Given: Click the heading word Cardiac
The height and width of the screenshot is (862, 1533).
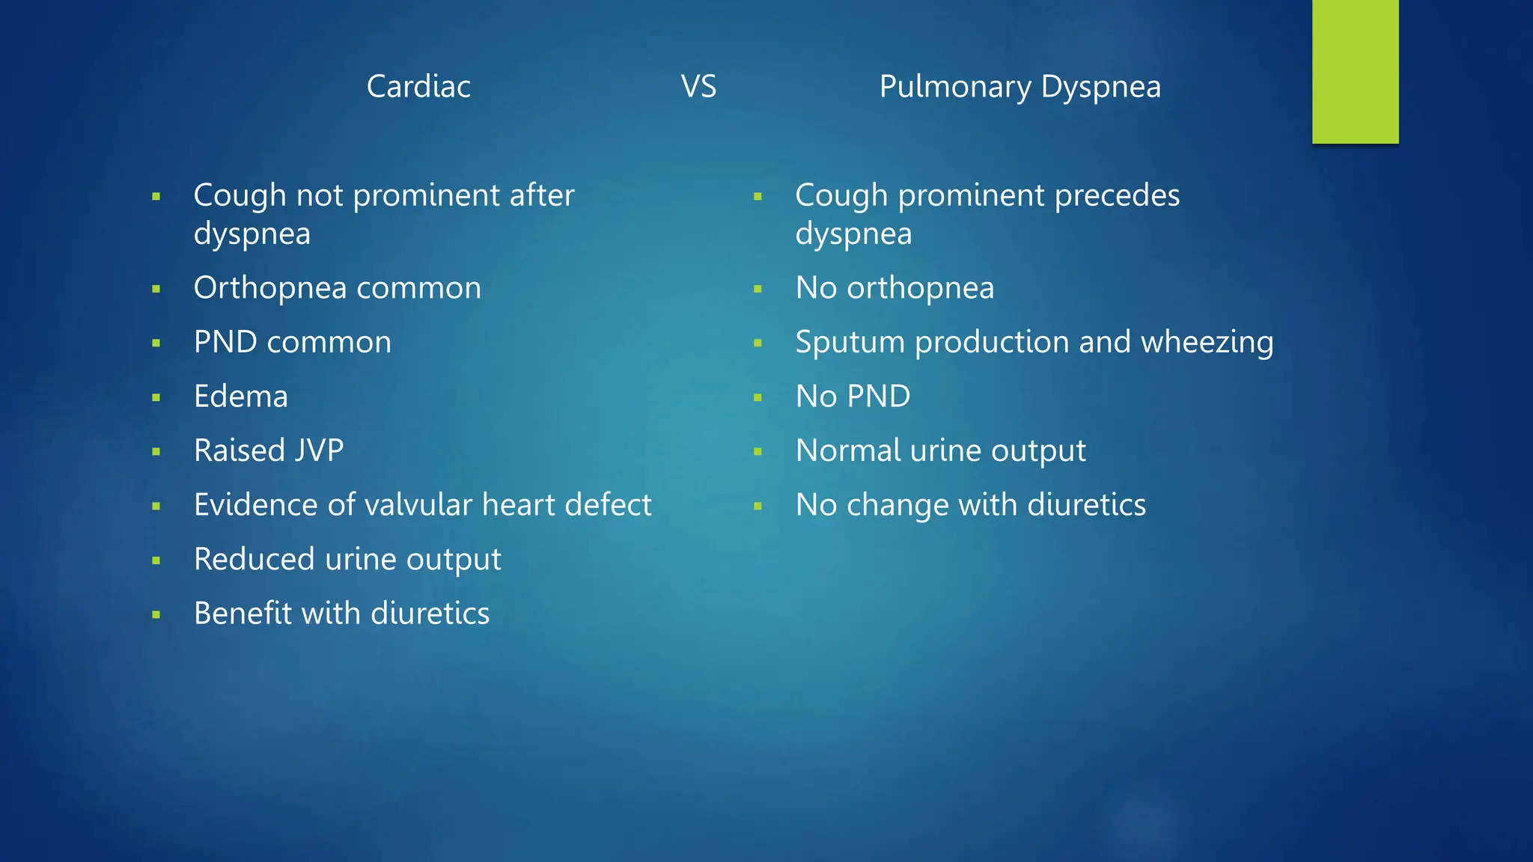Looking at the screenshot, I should point(418,87).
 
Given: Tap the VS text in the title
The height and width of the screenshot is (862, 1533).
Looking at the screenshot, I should point(698,87).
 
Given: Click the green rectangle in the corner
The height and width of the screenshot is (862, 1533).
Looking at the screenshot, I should point(1355,71).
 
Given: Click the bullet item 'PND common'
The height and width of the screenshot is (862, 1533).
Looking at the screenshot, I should point(292,343).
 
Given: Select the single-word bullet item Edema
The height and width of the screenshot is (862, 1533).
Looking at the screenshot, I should point(240,397).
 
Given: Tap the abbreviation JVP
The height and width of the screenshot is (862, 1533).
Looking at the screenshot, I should point(319,450).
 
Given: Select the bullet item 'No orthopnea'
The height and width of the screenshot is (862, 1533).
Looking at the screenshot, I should point(894,288).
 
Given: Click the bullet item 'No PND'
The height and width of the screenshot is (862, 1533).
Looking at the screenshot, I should point(853,397).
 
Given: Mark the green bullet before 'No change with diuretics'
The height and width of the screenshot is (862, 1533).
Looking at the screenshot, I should point(758,507).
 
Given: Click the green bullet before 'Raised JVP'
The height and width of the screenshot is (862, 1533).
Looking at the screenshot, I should point(156,452).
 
